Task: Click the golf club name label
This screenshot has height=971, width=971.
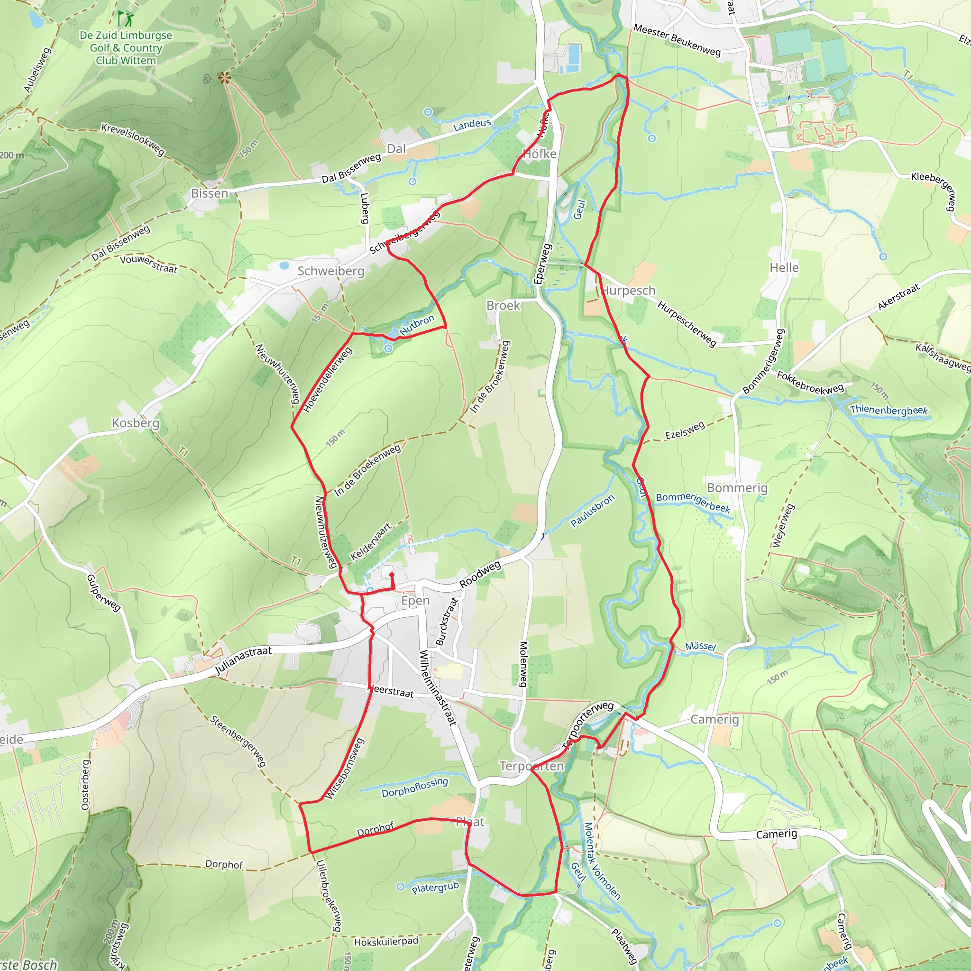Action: pyautogui.click(x=126, y=48)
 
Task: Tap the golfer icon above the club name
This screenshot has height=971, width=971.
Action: pyautogui.click(x=126, y=19)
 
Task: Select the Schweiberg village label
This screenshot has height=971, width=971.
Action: pyautogui.click(x=331, y=271)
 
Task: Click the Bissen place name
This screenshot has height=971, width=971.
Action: pyautogui.click(x=210, y=193)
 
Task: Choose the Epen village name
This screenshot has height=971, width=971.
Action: pyautogui.click(x=415, y=601)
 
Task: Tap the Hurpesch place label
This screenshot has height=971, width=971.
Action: pyautogui.click(x=629, y=291)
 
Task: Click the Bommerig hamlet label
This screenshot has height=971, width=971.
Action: pyautogui.click(x=737, y=487)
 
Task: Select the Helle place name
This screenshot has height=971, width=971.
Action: pyautogui.click(x=784, y=267)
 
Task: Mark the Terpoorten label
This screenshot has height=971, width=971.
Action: pyautogui.click(x=531, y=766)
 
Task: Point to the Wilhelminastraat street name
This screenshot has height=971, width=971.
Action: pyautogui.click(x=438, y=688)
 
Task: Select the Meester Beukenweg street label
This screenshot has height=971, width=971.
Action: pyautogui.click(x=677, y=40)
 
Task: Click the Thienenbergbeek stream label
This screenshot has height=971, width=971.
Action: pyautogui.click(x=889, y=410)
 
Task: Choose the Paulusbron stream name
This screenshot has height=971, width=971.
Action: pyautogui.click(x=593, y=511)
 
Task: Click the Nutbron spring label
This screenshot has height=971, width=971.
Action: pyautogui.click(x=417, y=325)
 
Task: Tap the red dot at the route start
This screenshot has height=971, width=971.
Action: pyautogui.click(x=392, y=575)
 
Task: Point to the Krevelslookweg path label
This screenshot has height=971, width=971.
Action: pyautogui.click(x=133, y=139)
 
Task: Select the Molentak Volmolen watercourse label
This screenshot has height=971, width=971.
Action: pyautogui.click(x=602, y=861)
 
